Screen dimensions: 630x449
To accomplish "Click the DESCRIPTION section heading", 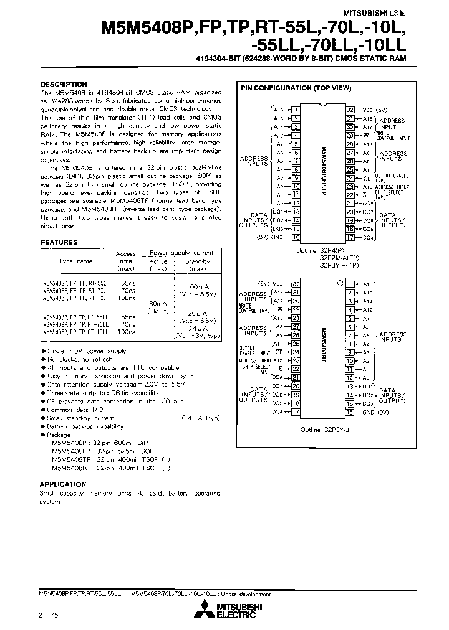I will click(64, 84).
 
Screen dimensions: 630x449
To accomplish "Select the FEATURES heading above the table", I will click(59, 242).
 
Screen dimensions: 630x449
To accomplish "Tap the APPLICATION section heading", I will click(63, 484).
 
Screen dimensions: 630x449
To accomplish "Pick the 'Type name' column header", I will click(75, 261).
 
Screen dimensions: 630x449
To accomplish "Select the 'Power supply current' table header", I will click(179, 253).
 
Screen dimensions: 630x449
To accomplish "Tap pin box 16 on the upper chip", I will click(296, 237).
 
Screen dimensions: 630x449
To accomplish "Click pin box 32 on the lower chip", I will click(296, 283).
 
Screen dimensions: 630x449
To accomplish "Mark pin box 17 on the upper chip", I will click(350, 237).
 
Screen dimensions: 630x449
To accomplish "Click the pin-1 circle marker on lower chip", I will click(340, 283).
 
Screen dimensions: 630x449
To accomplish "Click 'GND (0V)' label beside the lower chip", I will click(377, 412).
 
